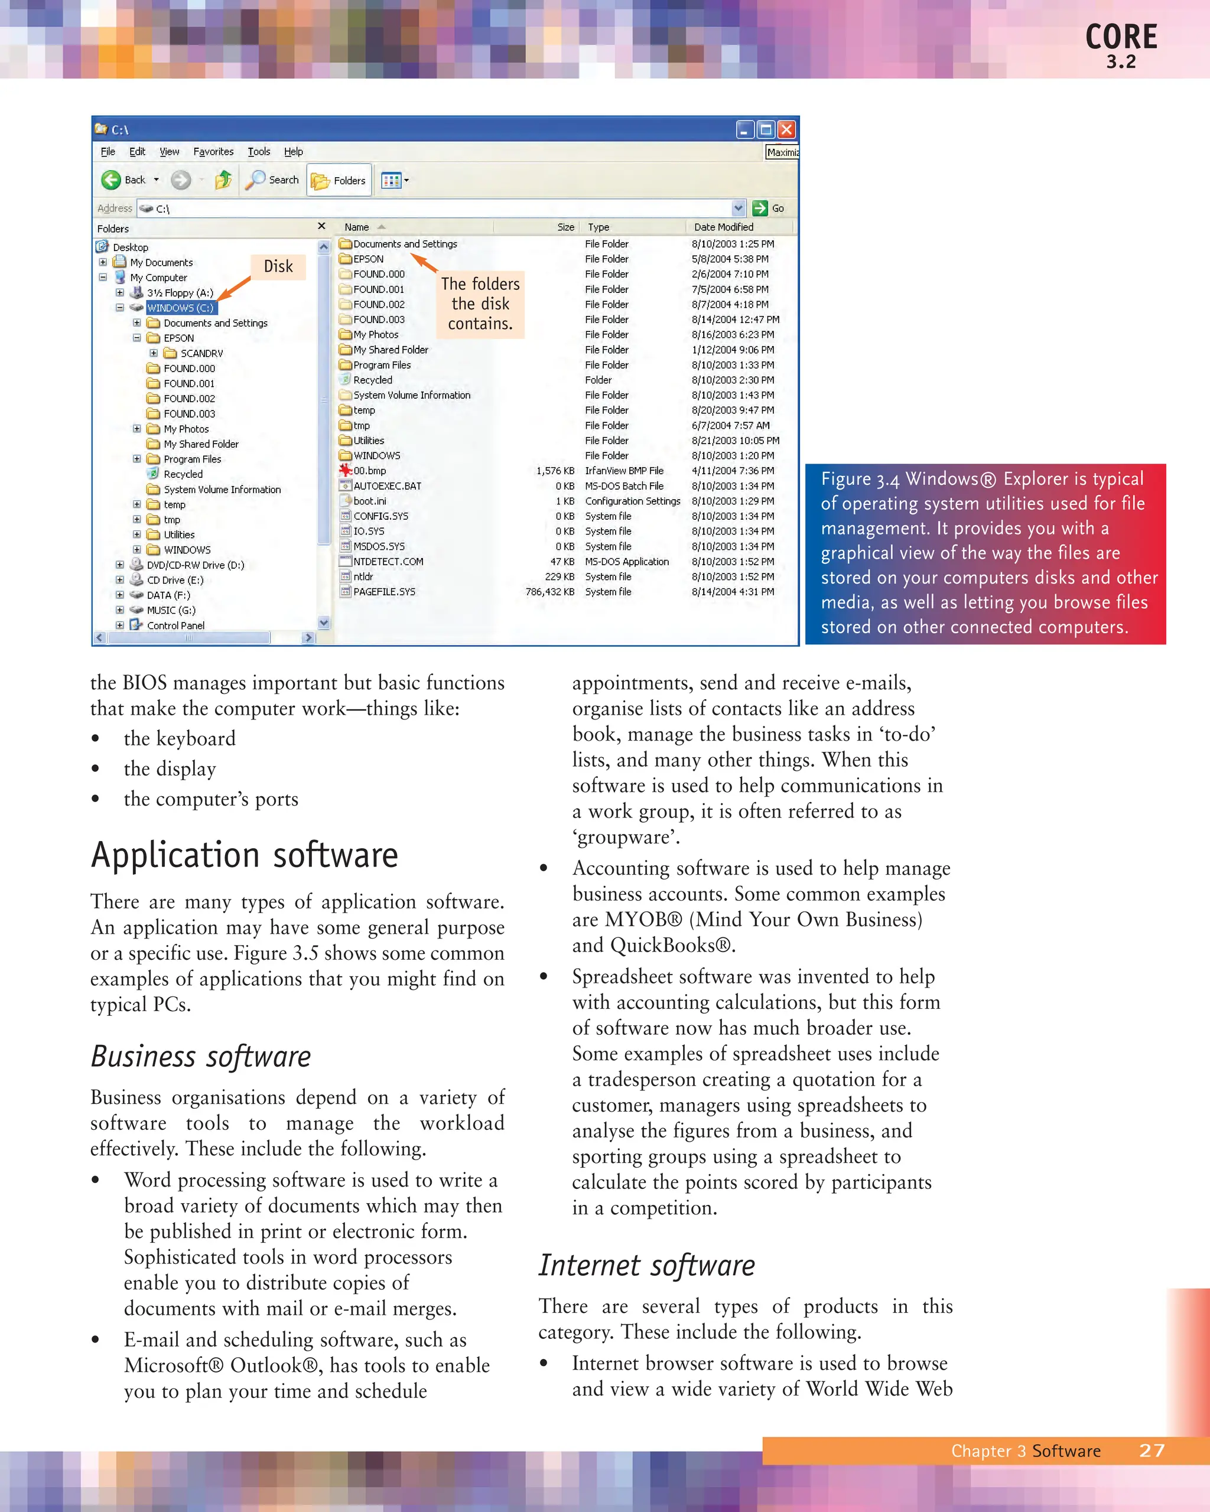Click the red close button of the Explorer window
coord(787,130)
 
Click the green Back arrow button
coord(112,180)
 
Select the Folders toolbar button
coord(340,181)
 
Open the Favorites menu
coord(213,151)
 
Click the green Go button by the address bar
coord(760,208)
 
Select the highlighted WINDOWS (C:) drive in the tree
coord(180,308)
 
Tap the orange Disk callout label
coord(278,266)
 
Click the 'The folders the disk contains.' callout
coord(480,304)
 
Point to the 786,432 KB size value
coord(550,592)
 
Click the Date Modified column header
coord(724,227)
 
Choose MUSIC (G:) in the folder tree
coord(171,610)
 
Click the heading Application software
coord(244,856)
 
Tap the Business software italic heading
coord(201,1057)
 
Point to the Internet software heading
coord(647,1266)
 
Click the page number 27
coord(1152,1451)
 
